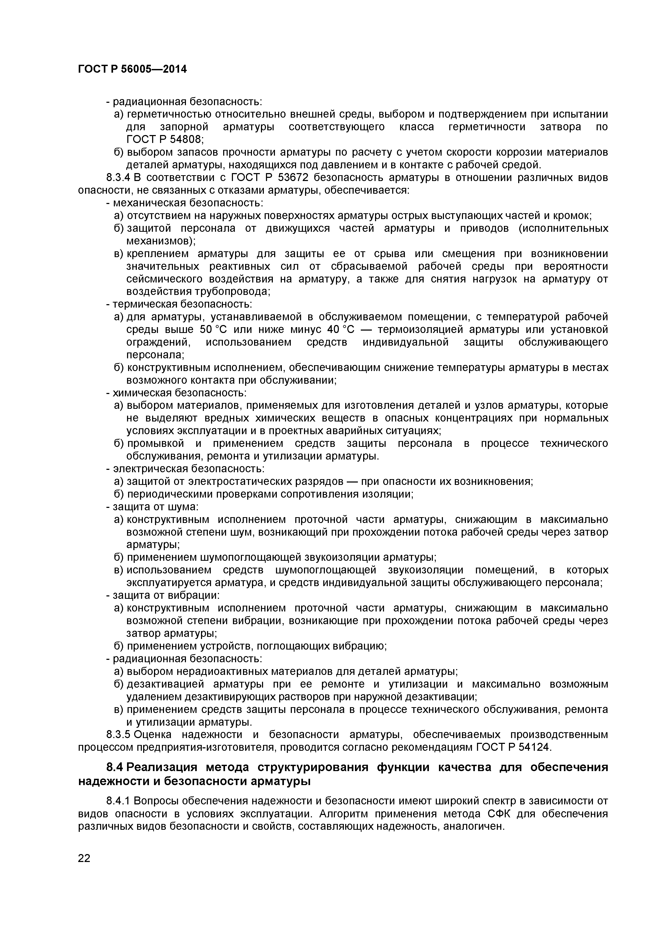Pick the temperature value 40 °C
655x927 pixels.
(341, 330)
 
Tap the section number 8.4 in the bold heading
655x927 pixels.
(115, 767)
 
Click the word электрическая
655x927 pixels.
(148, 469)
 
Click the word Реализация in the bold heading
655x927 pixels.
(163, 767)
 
